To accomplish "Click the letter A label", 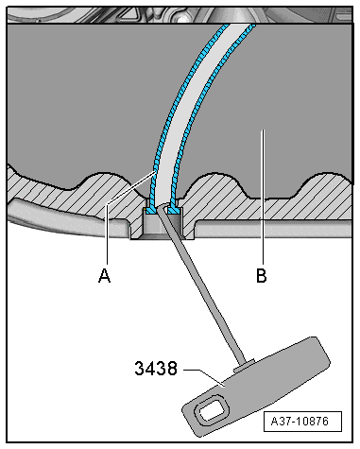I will point(104,276).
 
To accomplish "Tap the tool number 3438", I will point(156,371).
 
